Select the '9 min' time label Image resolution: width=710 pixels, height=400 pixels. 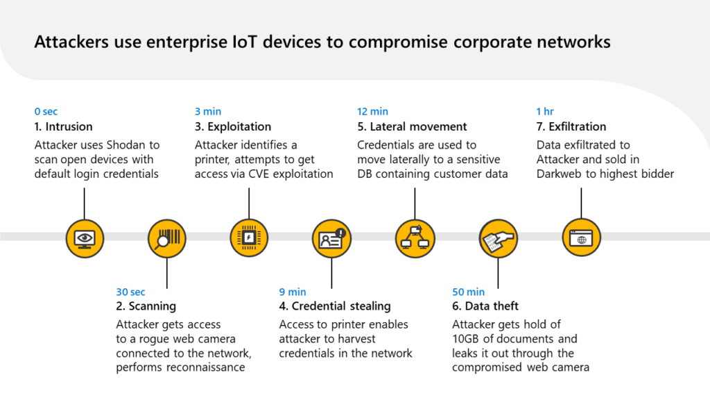(x=292, y=292)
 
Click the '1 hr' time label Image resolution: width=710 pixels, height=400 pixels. (x=545, y=111)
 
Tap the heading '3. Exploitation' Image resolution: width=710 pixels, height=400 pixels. (x=233, y=127)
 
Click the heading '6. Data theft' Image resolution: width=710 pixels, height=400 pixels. (x=485, y=306)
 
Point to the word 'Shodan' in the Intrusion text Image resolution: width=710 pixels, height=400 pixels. (x=128, y=145)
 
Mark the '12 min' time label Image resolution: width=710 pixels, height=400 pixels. (x=372, y=111)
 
